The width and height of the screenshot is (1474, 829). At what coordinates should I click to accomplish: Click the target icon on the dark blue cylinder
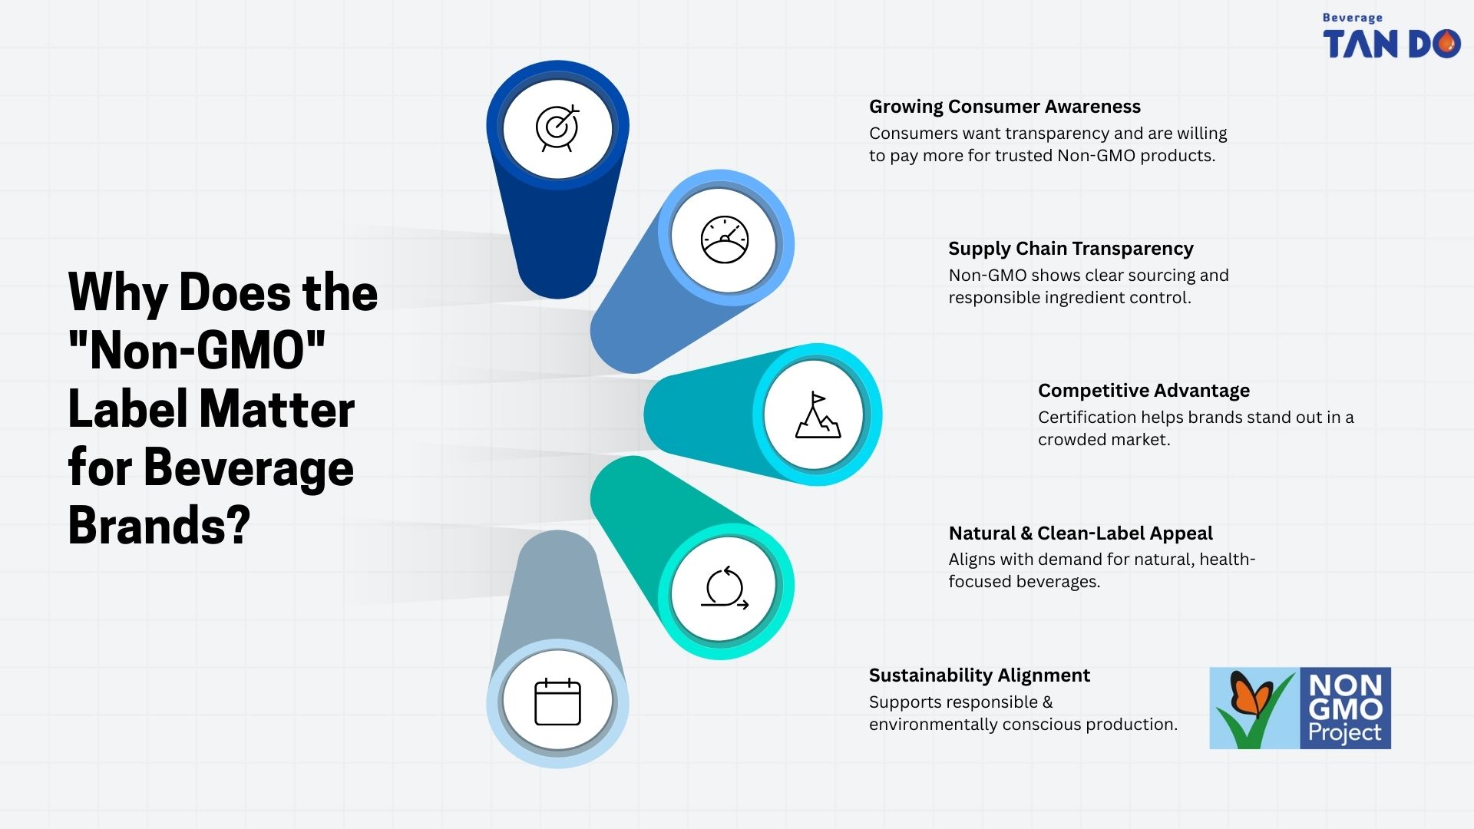point(557,127)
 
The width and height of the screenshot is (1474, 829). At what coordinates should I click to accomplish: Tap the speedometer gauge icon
point(724,240)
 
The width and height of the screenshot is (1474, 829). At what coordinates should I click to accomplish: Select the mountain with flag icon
point(818,415)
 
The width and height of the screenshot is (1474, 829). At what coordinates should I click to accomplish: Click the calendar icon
point(557,702)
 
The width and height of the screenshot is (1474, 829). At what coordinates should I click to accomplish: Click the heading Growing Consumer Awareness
point(1004,107)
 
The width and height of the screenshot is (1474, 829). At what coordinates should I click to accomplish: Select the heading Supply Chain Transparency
point(1071,249)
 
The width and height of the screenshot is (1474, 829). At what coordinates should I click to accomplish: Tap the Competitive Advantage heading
point(1144,391)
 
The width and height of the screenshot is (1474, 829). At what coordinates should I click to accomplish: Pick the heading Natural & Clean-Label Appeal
point(1080,533)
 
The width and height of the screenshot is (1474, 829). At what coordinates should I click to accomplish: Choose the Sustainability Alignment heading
point(979,675)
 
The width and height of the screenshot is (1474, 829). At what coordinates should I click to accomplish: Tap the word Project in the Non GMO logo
point(1345,733)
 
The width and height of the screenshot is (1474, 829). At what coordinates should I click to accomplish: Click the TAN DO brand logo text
point(1391,45)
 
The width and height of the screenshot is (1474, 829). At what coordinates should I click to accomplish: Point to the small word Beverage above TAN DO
point(1353,18)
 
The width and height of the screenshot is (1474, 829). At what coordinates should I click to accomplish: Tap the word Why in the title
point(117,293)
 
